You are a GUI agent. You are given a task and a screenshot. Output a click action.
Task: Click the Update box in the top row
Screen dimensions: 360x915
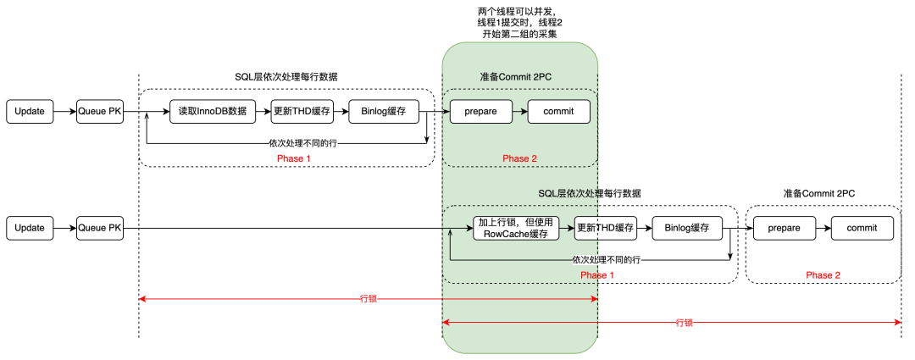tap(30, 111)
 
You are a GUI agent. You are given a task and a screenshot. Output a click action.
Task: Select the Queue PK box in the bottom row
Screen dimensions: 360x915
tap(100, 228)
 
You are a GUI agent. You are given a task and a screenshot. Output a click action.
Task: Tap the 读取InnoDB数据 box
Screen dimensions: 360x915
tap(213, 111)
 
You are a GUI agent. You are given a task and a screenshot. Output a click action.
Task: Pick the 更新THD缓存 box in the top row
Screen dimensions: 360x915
tap(302, 111)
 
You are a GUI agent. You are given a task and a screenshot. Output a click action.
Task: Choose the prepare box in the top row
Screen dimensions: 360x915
tap(481, 111)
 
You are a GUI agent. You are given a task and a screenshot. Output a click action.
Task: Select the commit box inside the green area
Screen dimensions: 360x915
tap(558, 111)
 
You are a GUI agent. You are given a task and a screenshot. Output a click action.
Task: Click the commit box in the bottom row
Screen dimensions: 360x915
tap(862, 228)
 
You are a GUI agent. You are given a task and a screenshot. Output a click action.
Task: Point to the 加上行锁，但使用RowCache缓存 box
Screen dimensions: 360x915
tap(516, 228)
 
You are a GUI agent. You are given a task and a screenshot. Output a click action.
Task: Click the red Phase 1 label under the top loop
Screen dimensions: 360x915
tap(295, 158)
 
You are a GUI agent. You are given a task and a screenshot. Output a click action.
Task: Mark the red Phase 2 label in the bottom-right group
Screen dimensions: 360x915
tap(823, 275)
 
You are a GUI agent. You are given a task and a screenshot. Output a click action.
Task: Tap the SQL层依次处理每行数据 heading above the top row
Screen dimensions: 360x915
tap(286, 76)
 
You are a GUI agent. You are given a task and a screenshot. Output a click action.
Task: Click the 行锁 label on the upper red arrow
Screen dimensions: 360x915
tap(368, 298)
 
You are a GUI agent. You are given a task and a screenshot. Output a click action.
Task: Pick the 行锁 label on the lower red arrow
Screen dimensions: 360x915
tap(684, 323)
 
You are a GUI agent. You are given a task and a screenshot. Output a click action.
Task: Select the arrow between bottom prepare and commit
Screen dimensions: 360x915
tap(822, 228)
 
